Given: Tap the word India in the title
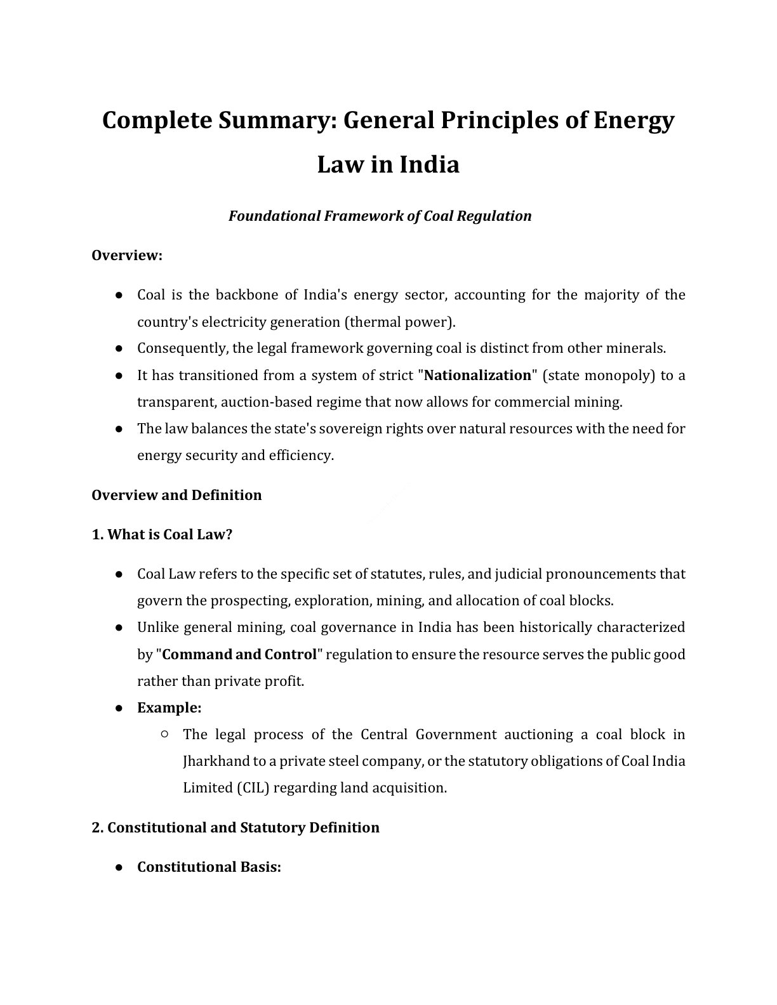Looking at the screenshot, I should coord(429,165).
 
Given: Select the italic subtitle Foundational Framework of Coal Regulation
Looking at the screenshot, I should coord(380,216).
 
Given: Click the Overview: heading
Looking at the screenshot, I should coord(127,256).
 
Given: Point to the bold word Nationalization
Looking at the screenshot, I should coord(477,376).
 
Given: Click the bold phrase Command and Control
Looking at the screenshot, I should coord(239,655).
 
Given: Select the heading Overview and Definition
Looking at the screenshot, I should coord(176,496).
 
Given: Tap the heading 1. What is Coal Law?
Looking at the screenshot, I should coord(162,535).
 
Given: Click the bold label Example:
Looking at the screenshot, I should coord(169,708).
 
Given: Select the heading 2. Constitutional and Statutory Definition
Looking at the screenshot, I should coord(236,828).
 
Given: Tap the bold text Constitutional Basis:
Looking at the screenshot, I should coord(209,867).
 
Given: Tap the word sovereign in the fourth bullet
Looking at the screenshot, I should coord(354,429).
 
